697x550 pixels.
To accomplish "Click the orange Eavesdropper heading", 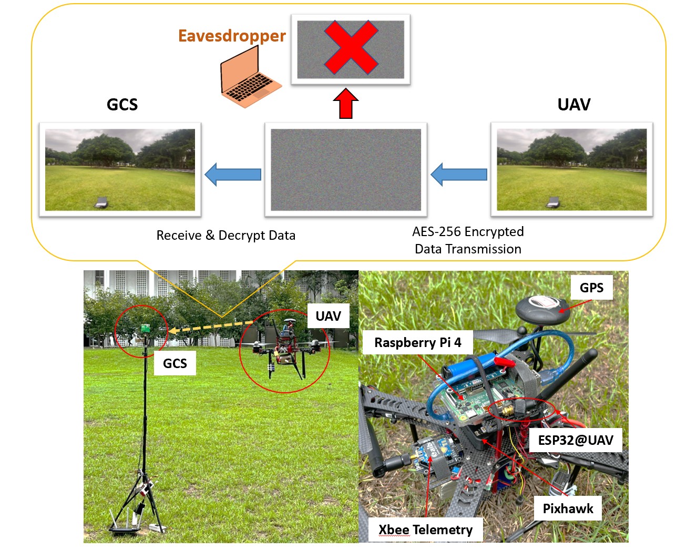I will (232, 36).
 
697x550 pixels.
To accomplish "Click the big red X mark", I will (351, 47).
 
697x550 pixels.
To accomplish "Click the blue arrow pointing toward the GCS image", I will (233, 175).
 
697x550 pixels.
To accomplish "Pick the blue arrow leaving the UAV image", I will (459, 175).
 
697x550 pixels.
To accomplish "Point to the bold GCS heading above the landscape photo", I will (122, 105).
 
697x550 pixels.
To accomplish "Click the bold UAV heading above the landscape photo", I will (573, 105).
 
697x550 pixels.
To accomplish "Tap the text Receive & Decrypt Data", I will (226, 236).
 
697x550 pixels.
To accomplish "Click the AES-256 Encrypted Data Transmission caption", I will (468, 240).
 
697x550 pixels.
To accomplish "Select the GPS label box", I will (591, 288).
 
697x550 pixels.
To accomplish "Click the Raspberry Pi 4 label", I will (418, 343).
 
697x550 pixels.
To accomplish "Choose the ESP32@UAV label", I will (576, 440).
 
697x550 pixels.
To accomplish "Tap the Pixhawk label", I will (568, 508).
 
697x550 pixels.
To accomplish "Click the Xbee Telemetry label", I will (425, 529).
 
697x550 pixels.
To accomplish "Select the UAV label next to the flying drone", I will (328, 316).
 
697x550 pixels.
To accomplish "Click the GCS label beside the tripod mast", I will (175, 363).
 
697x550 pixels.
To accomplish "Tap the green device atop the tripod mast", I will (145, 329).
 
